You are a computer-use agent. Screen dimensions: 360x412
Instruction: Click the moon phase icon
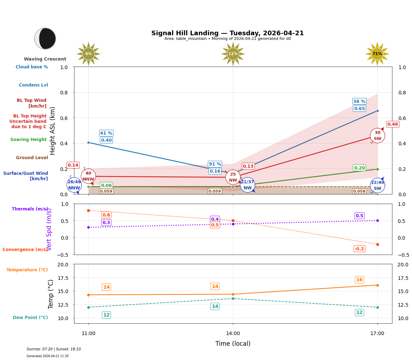coord(45,38)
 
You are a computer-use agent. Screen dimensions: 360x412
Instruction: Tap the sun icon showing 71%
coord(377,54)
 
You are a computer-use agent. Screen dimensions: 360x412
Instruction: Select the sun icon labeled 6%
coord(88,54)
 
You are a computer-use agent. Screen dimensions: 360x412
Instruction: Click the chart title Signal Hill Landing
coord(227,33)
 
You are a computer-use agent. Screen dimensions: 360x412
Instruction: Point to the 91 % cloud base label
coord(215,164)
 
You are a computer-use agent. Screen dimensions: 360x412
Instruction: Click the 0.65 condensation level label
coord(359,109)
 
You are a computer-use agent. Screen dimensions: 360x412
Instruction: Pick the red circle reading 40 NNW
coord(88,176)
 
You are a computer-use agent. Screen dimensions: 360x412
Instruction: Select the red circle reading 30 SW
coord(377,135)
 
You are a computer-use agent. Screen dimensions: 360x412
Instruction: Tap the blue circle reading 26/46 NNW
coord(74,185)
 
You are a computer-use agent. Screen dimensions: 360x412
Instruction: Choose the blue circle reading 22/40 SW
coord(377,185)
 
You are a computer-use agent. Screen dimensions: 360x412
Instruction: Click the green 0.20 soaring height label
coord(359,168)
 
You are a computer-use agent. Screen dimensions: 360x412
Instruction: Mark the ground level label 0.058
coord(359,192)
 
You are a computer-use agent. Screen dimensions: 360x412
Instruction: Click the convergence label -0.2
coord(359,249)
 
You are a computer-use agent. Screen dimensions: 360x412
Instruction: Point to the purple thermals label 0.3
coord(106,223)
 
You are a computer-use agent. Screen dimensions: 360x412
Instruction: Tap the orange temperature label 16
coord(359,280)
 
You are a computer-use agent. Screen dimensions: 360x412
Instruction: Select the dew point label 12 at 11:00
coord(106,315)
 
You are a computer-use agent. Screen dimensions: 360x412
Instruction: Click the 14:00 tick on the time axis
coord(233,334)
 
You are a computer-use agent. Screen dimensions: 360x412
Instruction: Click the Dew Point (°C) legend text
coord(30,318)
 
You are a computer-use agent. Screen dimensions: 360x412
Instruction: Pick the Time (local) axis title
coord(233,344)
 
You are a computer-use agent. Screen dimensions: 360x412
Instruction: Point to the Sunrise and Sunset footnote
coord(54,349)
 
